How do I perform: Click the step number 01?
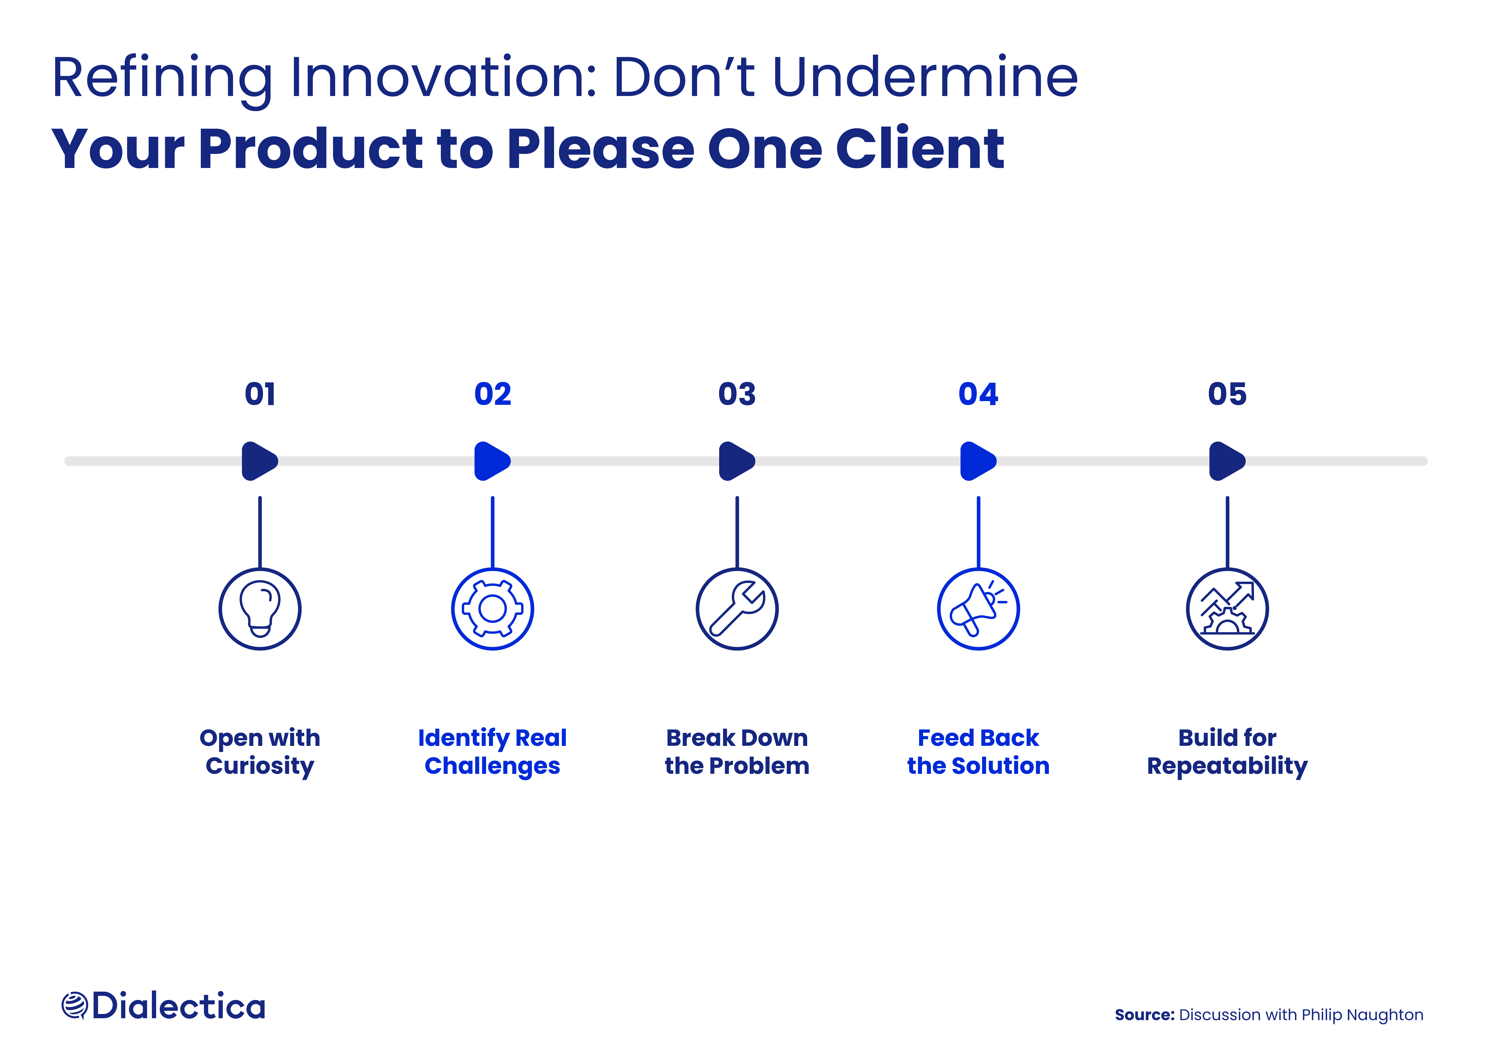(260, 394)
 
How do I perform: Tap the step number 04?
(978, 394)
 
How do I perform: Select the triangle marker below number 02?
(491, 461)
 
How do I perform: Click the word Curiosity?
(260, 766)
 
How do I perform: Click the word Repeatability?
(1227, 766)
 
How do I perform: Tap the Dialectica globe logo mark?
(74, 1006)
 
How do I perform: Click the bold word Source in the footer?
(1144, 1015)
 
